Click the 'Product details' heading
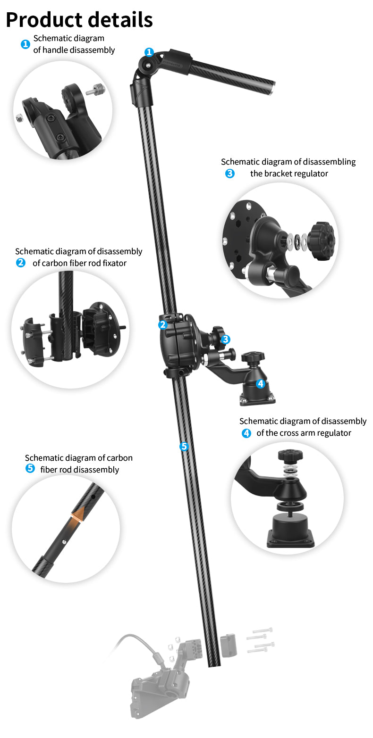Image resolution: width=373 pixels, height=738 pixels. (x=79, y=20)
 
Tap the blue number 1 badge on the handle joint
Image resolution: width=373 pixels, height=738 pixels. (x=149, y=52)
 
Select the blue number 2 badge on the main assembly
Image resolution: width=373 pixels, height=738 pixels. (x=163, y=324)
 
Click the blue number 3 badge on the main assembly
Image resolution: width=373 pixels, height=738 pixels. (x=226, y=339)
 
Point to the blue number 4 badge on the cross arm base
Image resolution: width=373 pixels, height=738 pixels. (x=261, y=384)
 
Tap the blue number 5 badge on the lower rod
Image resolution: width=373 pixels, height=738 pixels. (x=184, y=446)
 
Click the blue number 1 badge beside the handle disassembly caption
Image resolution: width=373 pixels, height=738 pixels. (x=25, y=44)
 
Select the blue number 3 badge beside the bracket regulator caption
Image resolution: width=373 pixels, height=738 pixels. (x=230, y=174)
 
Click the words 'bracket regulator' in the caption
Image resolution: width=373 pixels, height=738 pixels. (x=289, y=174)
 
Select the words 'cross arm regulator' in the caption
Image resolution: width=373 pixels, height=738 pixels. (x=304, y=433)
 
